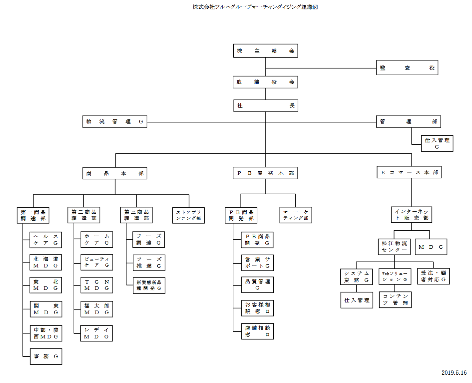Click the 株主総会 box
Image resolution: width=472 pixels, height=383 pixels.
(265, 51)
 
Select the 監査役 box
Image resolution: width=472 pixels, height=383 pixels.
(407, 68)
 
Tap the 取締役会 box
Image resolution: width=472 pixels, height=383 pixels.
(265, 82)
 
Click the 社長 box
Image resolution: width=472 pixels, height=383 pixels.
(266, 105)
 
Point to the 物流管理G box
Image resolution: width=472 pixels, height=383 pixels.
(115, 121)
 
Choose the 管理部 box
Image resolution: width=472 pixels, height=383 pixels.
(408, 121)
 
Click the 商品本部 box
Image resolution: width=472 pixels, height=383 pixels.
(115, 173)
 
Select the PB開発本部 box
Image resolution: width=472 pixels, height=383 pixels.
(265, 173)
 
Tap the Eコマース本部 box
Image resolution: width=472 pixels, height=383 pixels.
(409, 172)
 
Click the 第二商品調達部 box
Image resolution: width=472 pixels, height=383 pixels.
(84, 215)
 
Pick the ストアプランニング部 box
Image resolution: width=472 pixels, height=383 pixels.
(189, 215)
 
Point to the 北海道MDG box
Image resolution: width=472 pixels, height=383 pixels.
(46, 262)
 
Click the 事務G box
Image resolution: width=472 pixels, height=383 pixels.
(46, 356)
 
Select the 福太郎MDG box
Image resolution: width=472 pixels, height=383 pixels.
(97, 309)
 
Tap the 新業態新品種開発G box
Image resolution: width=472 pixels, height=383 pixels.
(149, 286)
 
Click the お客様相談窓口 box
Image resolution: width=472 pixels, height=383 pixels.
(257, 308)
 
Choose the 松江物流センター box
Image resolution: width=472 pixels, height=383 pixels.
(394, 247)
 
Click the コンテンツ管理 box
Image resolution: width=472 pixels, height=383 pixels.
(395, 299)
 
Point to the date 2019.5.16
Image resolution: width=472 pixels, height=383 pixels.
(454, 373)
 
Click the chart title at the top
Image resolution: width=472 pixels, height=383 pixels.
(255, 7)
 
